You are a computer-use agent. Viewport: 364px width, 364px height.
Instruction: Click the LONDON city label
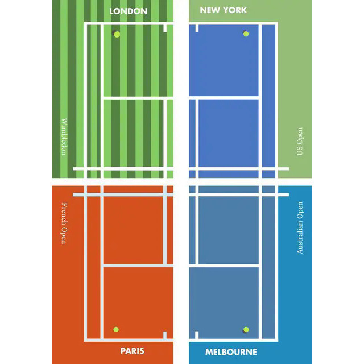click(x=128, y=11)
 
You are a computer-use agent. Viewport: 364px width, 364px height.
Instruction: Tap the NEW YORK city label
click(x=224, y=10)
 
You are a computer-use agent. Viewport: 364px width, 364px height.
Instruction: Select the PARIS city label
click(x=132, y=351)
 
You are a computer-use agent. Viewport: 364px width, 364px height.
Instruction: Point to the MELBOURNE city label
click(x=231, y=352)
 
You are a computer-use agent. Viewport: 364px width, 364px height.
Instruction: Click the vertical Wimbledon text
click(x=64, y=137)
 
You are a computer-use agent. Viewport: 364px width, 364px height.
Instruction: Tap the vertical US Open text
click(x=300, y=142)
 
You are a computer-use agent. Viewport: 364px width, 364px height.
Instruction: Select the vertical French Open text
click(x=64, y=224)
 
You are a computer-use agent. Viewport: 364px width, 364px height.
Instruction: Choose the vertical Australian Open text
click(x=300, y=227)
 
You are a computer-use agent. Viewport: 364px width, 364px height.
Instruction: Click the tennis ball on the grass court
click(x=117, y=34)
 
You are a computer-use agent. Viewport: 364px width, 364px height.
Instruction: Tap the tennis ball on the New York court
click(x=246, y=34)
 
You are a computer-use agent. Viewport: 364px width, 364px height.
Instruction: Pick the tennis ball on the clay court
click(x=116, y=329)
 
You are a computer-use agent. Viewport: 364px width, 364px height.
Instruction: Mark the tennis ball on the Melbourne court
click(x=246, y=329)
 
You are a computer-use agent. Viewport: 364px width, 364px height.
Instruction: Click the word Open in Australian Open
click(x=300, y=210)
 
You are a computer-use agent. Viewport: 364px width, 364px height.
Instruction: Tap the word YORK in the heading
click(x=235, y=10)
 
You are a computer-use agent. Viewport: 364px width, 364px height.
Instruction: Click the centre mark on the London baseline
click(x=164, y=28)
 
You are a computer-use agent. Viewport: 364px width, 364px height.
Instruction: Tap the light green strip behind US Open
click(x=296, y=85)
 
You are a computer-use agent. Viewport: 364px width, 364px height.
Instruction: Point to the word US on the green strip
click(x=300, y=151)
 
